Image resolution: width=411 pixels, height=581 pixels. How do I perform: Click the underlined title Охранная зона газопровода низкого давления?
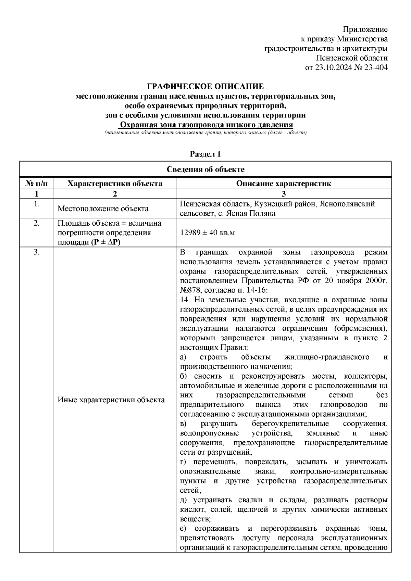[x=206, y=125]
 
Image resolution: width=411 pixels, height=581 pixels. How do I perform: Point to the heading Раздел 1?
[x=205, y=154]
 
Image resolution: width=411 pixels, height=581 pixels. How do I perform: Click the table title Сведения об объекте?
[x=205, y=169]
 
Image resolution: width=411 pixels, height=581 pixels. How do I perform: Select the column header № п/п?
[x=36, y=184]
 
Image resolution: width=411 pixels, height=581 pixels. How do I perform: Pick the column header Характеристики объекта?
[x=115, y=184]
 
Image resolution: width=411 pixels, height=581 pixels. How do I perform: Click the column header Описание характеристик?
[x=283, y=184]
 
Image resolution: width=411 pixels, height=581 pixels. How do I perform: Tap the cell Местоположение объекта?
[x=103, y=209]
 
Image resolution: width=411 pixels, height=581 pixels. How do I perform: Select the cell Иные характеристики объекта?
[x=111, y=400]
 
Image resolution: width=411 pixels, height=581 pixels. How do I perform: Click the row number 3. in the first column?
[x=37, y=253]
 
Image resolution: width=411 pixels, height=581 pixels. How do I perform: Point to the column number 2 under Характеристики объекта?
[x=115, y=194]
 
